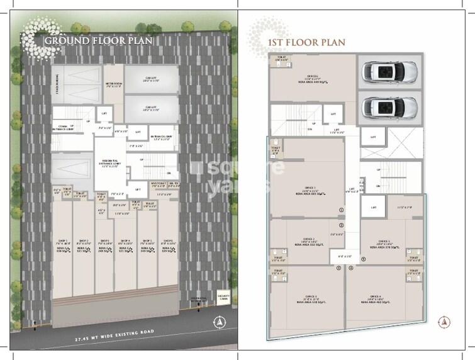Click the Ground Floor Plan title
pyautogui.click(x=98, y=42)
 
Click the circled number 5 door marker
pyautogui.click(x=338, y=268)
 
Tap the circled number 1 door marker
pyautogui.click(x=340, y=210)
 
